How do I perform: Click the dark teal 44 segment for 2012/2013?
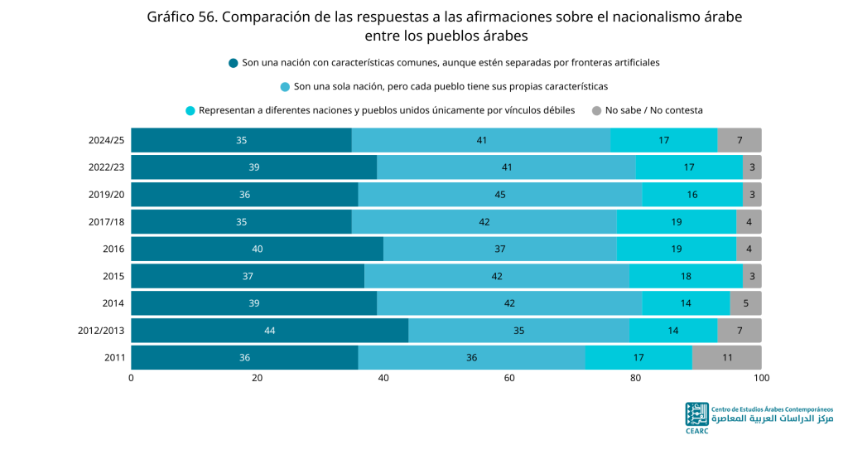point(269,331)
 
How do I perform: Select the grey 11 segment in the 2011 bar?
point(727,357)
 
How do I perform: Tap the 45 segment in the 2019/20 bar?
point(499,195)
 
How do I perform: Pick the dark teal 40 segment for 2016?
point(258,249)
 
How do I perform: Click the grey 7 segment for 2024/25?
point(740,140)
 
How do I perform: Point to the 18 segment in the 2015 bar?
point(686,276)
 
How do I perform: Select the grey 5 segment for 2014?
point(746,303)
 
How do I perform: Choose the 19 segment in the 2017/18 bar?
point(676,221)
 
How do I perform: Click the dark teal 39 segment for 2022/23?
point(254,167)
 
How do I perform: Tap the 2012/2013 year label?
point(101,331)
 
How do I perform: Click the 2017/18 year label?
point(107,221)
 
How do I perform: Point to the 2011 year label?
point(114,357)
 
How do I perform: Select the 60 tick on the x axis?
point(509,378)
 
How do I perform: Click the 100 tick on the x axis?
point(762,378)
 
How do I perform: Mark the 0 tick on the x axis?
point(132,378)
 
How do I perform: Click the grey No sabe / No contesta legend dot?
point(596,111)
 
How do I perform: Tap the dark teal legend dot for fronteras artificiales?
point(233,63)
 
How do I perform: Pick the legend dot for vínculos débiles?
point(190,111)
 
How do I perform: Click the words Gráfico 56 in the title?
point(181,17)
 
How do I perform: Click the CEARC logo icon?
point(696,414)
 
